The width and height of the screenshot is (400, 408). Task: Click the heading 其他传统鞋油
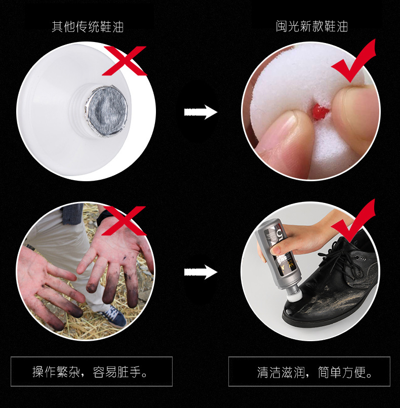[x=88, y=26]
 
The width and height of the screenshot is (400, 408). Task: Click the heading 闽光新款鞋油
[x=311, y=26]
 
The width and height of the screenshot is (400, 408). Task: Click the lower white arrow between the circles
[x=201, y=272]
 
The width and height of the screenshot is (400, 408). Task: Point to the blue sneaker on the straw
[x=116, y=316]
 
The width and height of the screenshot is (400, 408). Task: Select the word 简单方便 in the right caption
[x=341, y=374]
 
